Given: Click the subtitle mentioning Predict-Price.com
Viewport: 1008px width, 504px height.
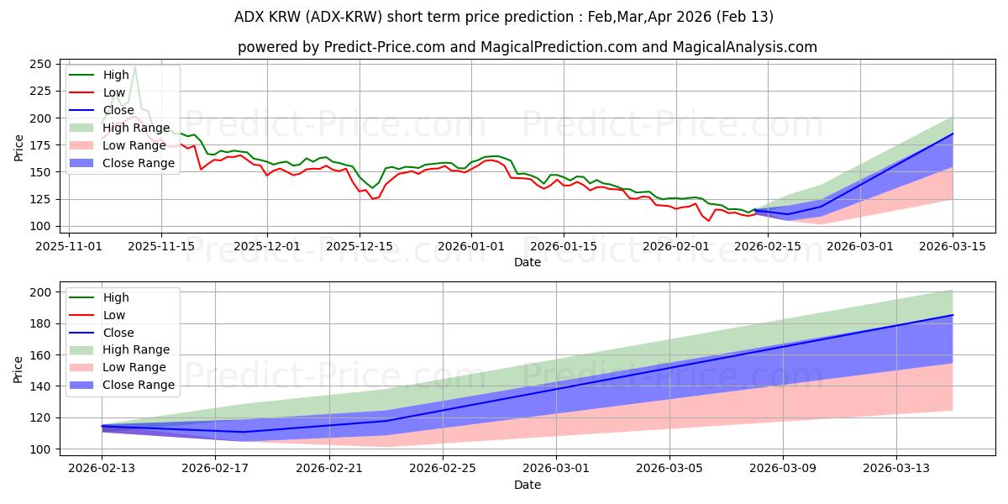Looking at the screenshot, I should point(528,47).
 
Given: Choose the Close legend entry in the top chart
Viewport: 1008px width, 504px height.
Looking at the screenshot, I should point(118,110).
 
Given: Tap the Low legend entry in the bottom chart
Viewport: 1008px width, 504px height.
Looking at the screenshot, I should point(114,315).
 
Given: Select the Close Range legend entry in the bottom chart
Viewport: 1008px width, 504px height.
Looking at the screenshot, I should point(139,385).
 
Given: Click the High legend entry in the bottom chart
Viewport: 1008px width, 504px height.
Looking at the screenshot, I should point(116,297).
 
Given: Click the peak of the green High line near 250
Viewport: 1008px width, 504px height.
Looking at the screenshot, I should point(135,67).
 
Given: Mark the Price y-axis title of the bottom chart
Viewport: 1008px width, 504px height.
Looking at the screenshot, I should point(18,370).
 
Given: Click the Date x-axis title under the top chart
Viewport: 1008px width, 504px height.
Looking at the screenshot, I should point(528,262).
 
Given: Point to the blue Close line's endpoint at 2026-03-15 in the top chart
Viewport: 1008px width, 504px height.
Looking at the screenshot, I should point(953,134).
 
